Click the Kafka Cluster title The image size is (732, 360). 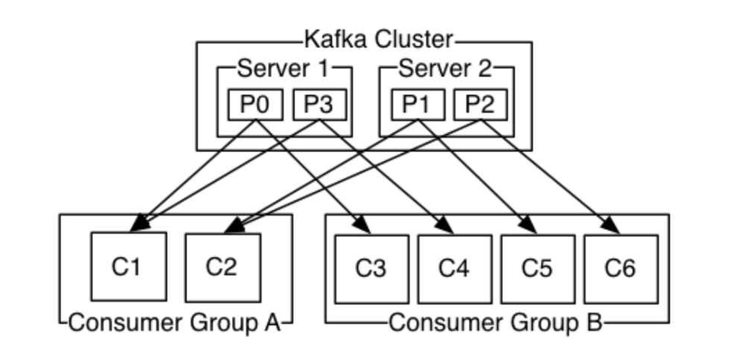[378, 40]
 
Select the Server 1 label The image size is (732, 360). [283, 69]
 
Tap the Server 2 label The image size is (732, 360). [445, 69]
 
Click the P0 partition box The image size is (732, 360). [255, 105]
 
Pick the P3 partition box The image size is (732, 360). [319, 105]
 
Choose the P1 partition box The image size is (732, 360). [417, 105]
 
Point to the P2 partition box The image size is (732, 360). [480, 105]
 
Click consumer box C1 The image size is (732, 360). [129, 266]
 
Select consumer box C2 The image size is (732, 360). [223, 268]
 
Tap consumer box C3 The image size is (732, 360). [371, 269]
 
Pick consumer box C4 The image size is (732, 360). [455, 269]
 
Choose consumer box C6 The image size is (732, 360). [621, 269]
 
